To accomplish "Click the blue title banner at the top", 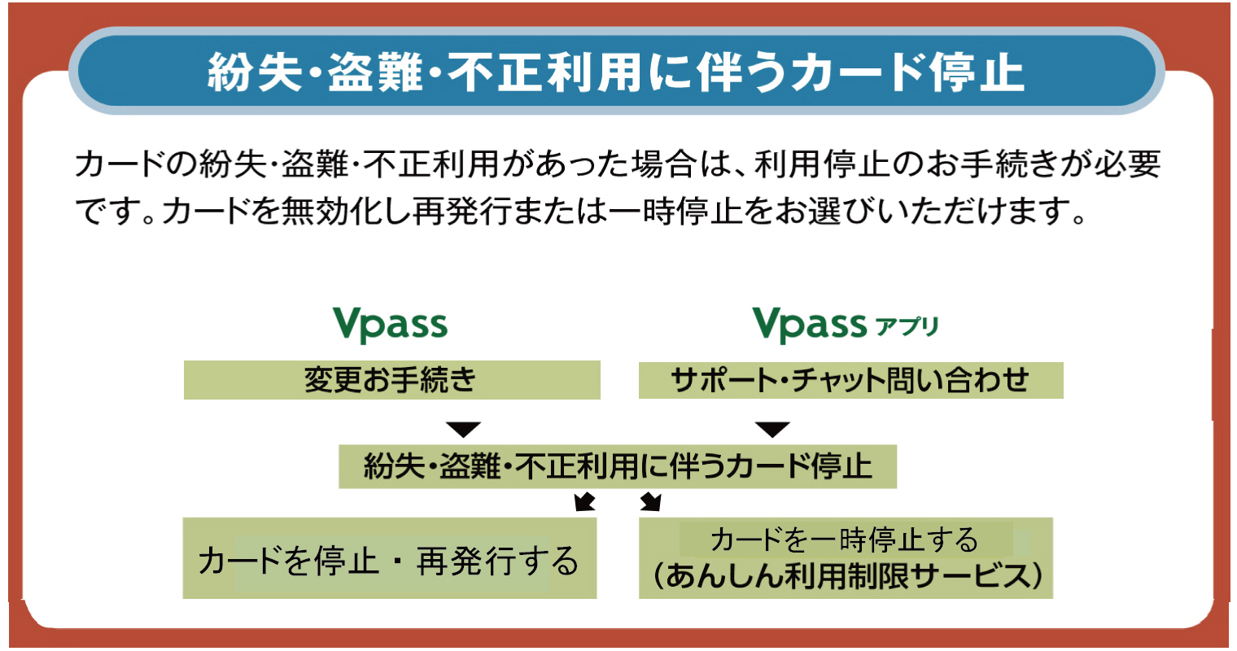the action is pyautogui.click(x=617, y=71).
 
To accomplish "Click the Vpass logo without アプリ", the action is pyautogui.click(x=391, y=324).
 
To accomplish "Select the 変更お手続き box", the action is pyautogui.click(x=392, y=380).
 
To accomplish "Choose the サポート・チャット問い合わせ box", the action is pyautogui.click(x=851, y=380).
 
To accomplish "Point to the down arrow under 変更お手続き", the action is pyautogui.click(x=463, y=430).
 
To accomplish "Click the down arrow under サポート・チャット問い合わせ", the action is pyautogui.click(x=772, y=430).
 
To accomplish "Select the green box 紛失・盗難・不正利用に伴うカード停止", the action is pyautogui.click(x=618, y=466).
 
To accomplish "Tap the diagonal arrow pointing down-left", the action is pyautogui.click(x=585, y=501).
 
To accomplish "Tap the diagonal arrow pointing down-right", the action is pyautogui.click(x=650, y=501).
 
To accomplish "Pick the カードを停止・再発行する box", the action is pyautogui.click(x=390, y=558).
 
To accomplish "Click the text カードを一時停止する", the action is pyautogui.click(x=845, y=540).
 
